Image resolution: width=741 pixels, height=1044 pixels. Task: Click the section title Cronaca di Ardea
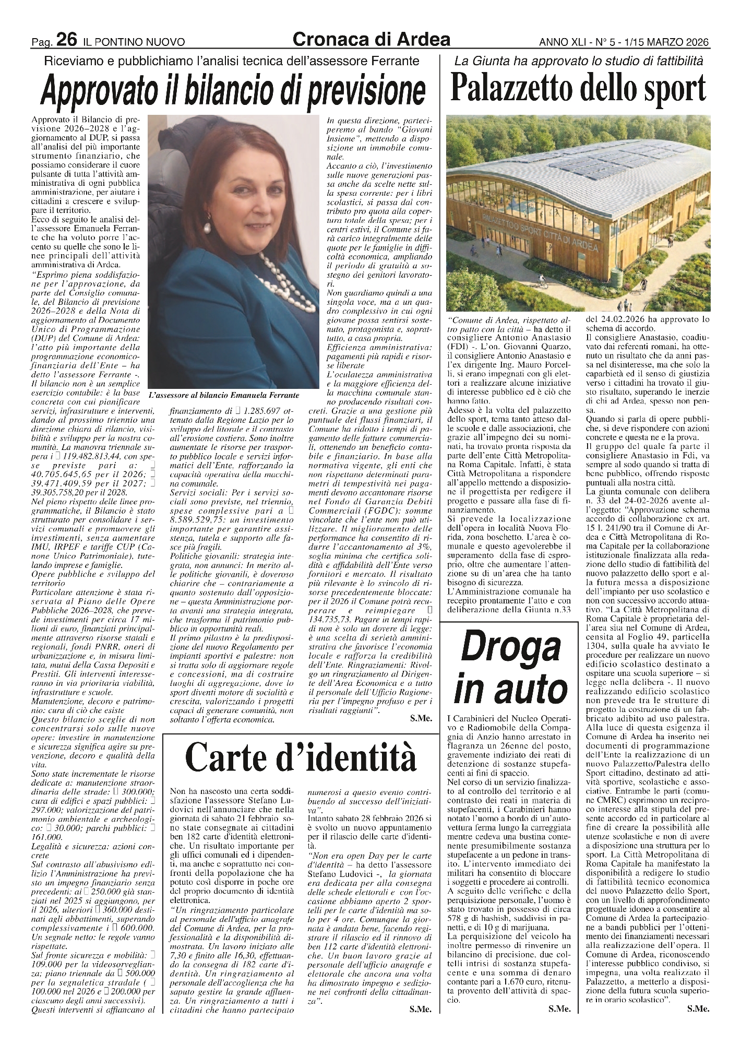coord(371,39)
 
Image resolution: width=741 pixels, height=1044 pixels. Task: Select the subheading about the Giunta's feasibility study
coord(578,61)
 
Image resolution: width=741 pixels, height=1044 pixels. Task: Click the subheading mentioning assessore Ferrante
coord(233,61)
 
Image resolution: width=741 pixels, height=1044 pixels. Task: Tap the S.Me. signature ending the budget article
coord(421,718)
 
